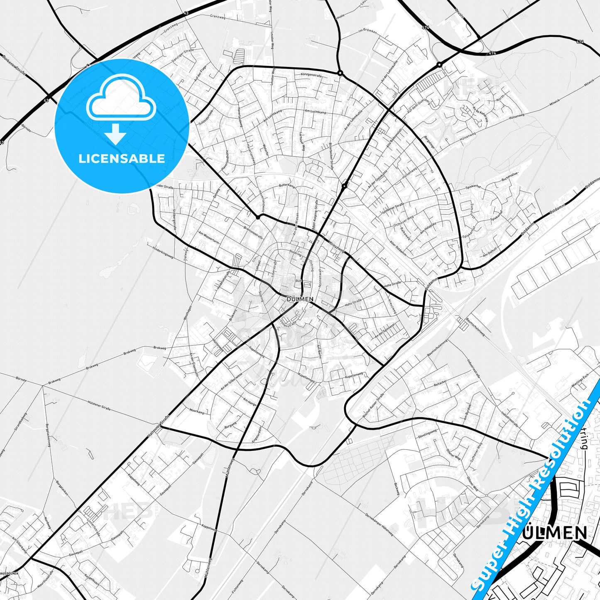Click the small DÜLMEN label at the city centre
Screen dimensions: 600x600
pyautogui.click(x=300, y=299)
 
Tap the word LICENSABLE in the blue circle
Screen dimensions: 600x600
pyautogui.click(x=122, y=159)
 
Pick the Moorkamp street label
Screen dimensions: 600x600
pyautogui.click(x=197, y=412)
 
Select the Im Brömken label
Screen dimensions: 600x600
pyautogui.click(x=367, y=31)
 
